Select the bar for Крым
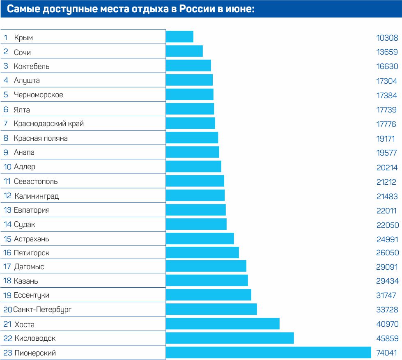(179, 37)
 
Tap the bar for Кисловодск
(230, 338)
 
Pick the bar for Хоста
(223, 323)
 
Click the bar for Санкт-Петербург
(211, 309)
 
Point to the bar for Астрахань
(200, 238)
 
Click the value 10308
(387, 38)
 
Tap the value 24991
(387, 239)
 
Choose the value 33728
(387, 310)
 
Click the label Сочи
(22, 53)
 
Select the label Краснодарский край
(49, 124)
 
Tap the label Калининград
(37, 196)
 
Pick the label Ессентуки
(32, 295)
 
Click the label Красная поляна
(41, 138)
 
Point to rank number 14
(7, 225)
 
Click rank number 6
(6, 110)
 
